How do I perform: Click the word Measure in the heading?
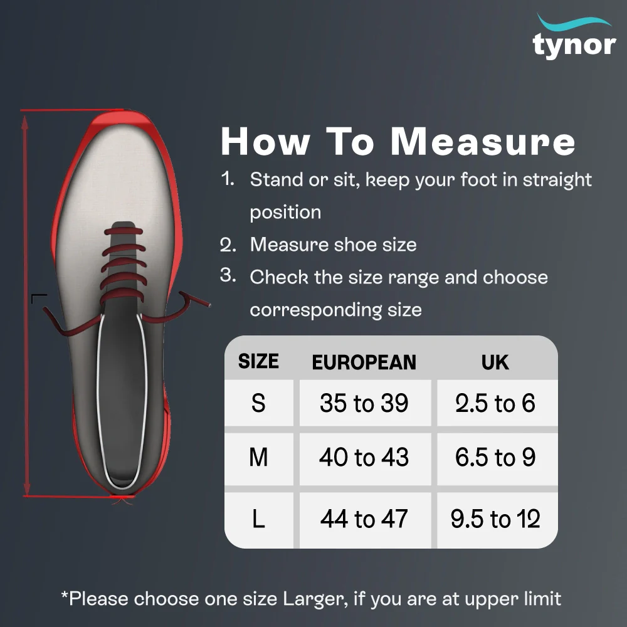(483, 141)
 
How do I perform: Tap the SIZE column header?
(258, 361)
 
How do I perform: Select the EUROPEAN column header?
(364, 362)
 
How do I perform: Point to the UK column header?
(495, 362)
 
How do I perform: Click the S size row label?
(258, 403)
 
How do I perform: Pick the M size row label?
(258, 457)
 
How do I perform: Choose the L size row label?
(258, 519)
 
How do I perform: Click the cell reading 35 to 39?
(364, 403)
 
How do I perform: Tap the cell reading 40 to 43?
(364, 457)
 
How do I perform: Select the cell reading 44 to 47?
(364, 519)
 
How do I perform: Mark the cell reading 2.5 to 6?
(495, 403)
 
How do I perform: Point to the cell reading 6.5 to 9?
(495, 457)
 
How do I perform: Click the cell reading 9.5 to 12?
(495, 519)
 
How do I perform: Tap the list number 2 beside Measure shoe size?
(228, 245)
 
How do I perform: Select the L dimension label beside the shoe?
(39, 298)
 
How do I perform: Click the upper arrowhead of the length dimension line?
(25, 123)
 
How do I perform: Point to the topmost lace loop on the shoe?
(124, 231)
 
